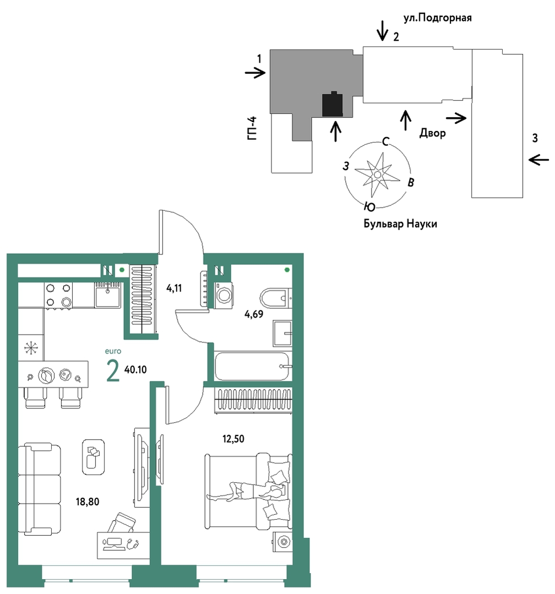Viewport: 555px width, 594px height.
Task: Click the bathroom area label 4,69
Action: [x=254, y=314]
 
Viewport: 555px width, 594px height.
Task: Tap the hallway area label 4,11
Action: [x=175, y=288]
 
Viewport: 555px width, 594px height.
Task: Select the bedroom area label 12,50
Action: [x=233, y=439]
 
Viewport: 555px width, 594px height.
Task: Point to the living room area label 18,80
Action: [x=88, y=502]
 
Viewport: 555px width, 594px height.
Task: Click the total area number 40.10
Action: [x=135, y=369]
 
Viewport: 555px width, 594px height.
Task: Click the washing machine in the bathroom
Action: [x=224, y=296]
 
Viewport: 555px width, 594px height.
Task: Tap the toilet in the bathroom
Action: [x=276, y=298]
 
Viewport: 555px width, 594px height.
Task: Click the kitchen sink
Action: [x=107, y=295]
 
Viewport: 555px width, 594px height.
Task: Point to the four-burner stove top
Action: [x=58, y=295]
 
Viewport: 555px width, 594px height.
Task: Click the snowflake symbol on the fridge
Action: [x=31, y=348]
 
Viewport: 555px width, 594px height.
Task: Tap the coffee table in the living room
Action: [x=93, y=457]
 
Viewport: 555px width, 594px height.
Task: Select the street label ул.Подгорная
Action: [x=438, y=18]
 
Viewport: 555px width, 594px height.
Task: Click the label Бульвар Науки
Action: [x=400, y=224]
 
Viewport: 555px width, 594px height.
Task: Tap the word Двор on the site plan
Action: [x=432, y=133]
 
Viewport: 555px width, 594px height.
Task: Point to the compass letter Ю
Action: [x=370, y=207]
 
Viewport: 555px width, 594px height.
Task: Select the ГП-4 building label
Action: [x=252, y=128]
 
